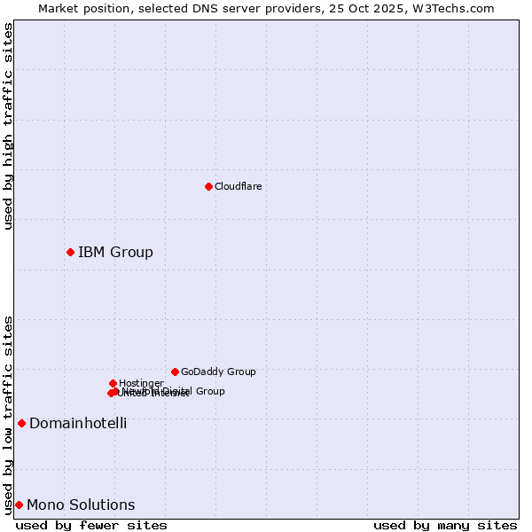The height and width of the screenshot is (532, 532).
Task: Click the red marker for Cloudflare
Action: coord(209,186)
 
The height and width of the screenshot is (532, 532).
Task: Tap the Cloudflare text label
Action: coord(238,186)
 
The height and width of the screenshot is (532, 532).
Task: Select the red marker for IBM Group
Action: coord(70,253)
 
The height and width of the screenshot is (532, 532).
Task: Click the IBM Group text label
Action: coord(115,253)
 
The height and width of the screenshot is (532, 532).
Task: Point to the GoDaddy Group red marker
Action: coord(175,372)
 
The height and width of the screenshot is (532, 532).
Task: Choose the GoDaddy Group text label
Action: coord(218,372)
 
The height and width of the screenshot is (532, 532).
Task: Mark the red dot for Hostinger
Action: coord(113,383)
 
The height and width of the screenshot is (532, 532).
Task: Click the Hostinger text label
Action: coord(141,383)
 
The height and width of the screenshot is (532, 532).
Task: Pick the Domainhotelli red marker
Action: coord(21,423)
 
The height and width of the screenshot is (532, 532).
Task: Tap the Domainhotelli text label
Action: coord(78,423)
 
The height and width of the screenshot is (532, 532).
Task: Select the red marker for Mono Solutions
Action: coord(19,505)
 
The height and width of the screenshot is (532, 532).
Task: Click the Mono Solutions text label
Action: coord(81,505)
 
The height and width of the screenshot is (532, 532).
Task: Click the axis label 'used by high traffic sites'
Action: coord(8,126)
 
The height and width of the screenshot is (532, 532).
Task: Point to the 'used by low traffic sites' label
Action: coord(8,414)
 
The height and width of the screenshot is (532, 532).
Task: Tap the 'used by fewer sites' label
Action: coord(91,525)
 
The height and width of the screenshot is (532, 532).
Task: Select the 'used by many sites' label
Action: coord(445,525)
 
